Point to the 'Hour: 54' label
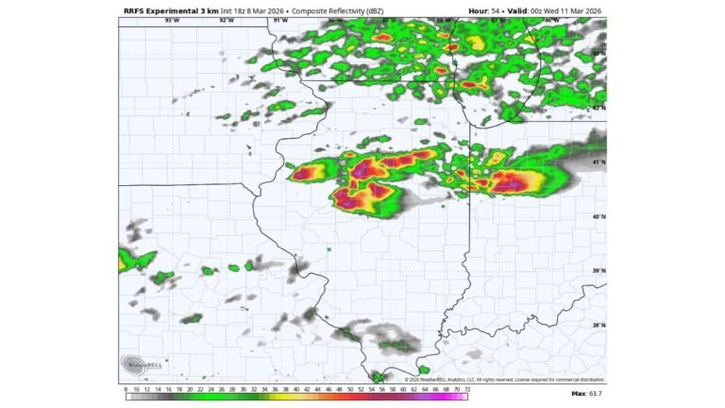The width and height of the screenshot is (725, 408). tap(485, 10)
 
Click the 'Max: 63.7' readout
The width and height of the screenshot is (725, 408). tap(586, 393)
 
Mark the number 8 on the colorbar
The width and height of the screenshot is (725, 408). tap(126, 388)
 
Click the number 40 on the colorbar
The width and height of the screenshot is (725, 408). tap(296, 388)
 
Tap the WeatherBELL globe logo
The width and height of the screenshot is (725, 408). tap(134, 364)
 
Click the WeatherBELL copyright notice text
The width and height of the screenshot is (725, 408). tap(505, 380)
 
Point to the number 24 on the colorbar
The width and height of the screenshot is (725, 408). tap(211, 388)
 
